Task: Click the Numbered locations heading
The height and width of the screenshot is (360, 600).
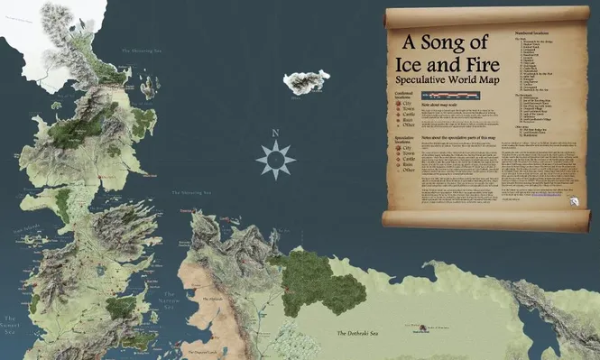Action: coord(532,32)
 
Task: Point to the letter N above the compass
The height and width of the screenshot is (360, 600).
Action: coord(275,134)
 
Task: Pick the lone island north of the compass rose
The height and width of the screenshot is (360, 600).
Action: coord(307,83)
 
